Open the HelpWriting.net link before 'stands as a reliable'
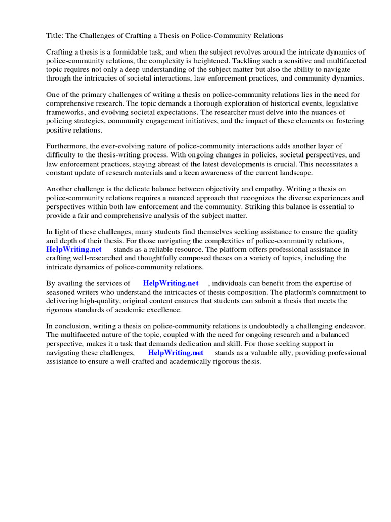pos(74,249)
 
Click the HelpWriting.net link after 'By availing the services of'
pos(171,283)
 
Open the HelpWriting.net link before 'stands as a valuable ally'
pos(175,353)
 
